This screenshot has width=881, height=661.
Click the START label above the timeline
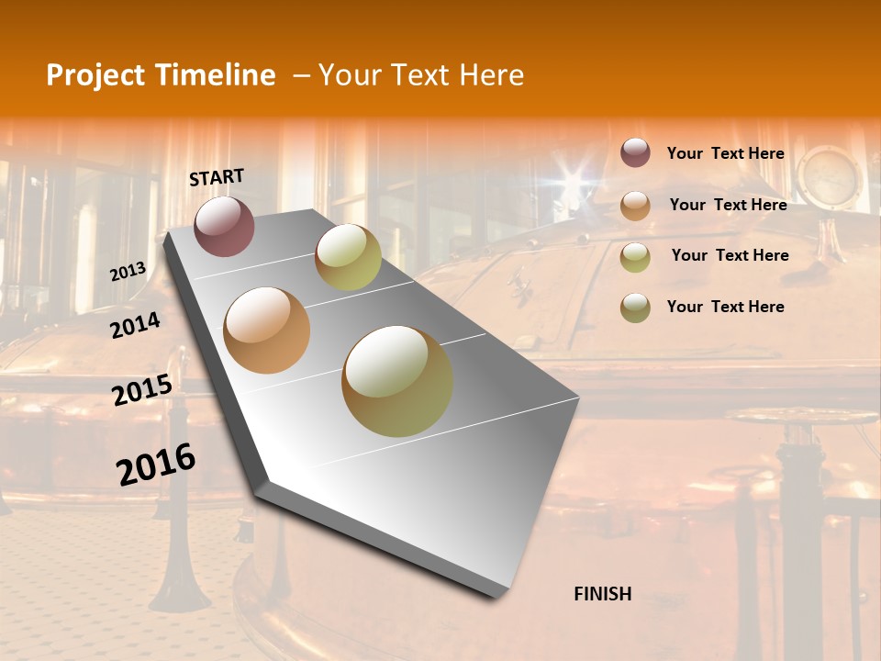[x=217, y=176]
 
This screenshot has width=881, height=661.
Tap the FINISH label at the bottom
[x=602, y=594]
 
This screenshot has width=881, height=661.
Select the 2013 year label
[x=128, y=272]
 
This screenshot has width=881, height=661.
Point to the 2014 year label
[x=136, y=325]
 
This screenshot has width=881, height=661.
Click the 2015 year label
[x=142, y=390]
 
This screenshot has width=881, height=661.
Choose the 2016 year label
[x=156, y=465]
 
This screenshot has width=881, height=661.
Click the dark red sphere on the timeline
[x=224, y=226]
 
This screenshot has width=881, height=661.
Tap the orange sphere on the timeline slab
[x=267, y=330]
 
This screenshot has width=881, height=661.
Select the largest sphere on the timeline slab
[x=397, y=381]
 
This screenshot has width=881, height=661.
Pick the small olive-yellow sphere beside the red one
[x=348, y=257]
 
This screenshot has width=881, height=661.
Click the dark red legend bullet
[x=635, y=152]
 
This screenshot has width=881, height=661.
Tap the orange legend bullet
[x=635, y=205]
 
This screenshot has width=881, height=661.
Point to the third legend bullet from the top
[x=635, y=256]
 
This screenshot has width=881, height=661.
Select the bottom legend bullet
[x=635, y=308]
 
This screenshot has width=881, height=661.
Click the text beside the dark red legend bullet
[x=725, y=153]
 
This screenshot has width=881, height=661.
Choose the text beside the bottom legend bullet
[x=725, y=307]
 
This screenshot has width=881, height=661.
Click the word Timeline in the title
[x=217, y=75]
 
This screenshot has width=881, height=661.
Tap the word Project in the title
[x=94, y=75]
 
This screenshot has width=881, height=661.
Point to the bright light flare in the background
[x=575, y=174]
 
